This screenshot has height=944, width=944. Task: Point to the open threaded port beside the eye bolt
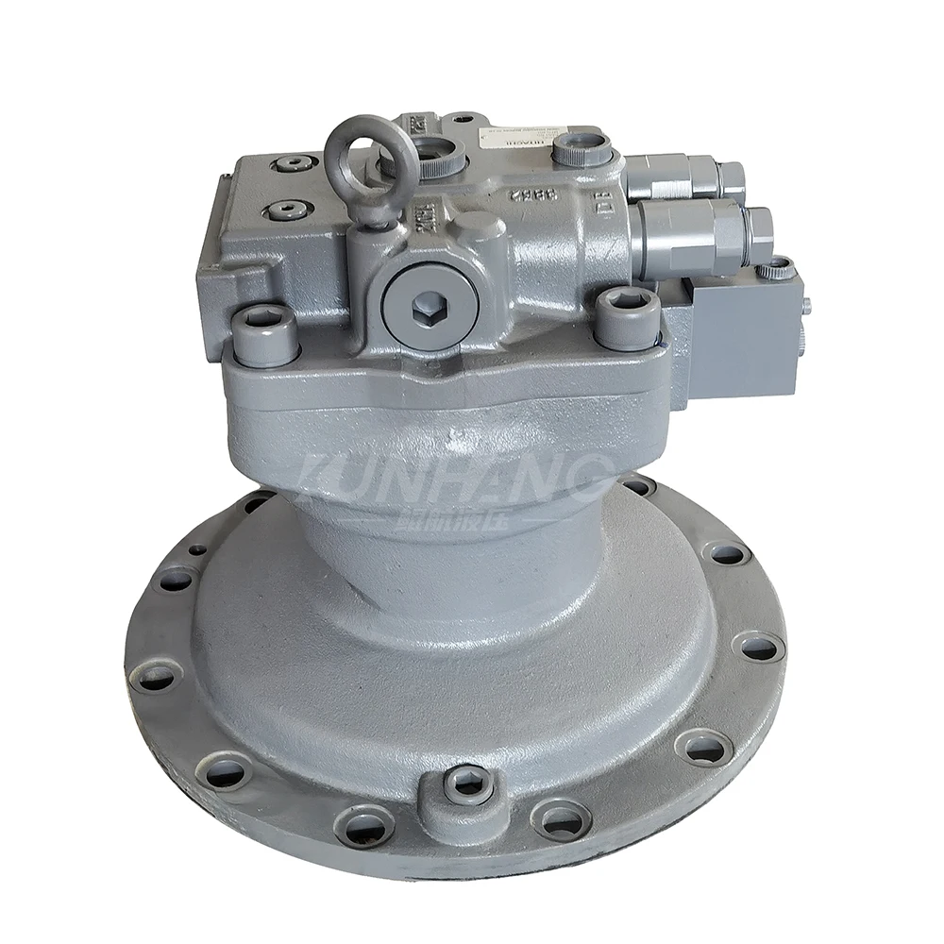[x=436, y=149]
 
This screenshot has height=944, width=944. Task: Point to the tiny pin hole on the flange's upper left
[x=197, y=548]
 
